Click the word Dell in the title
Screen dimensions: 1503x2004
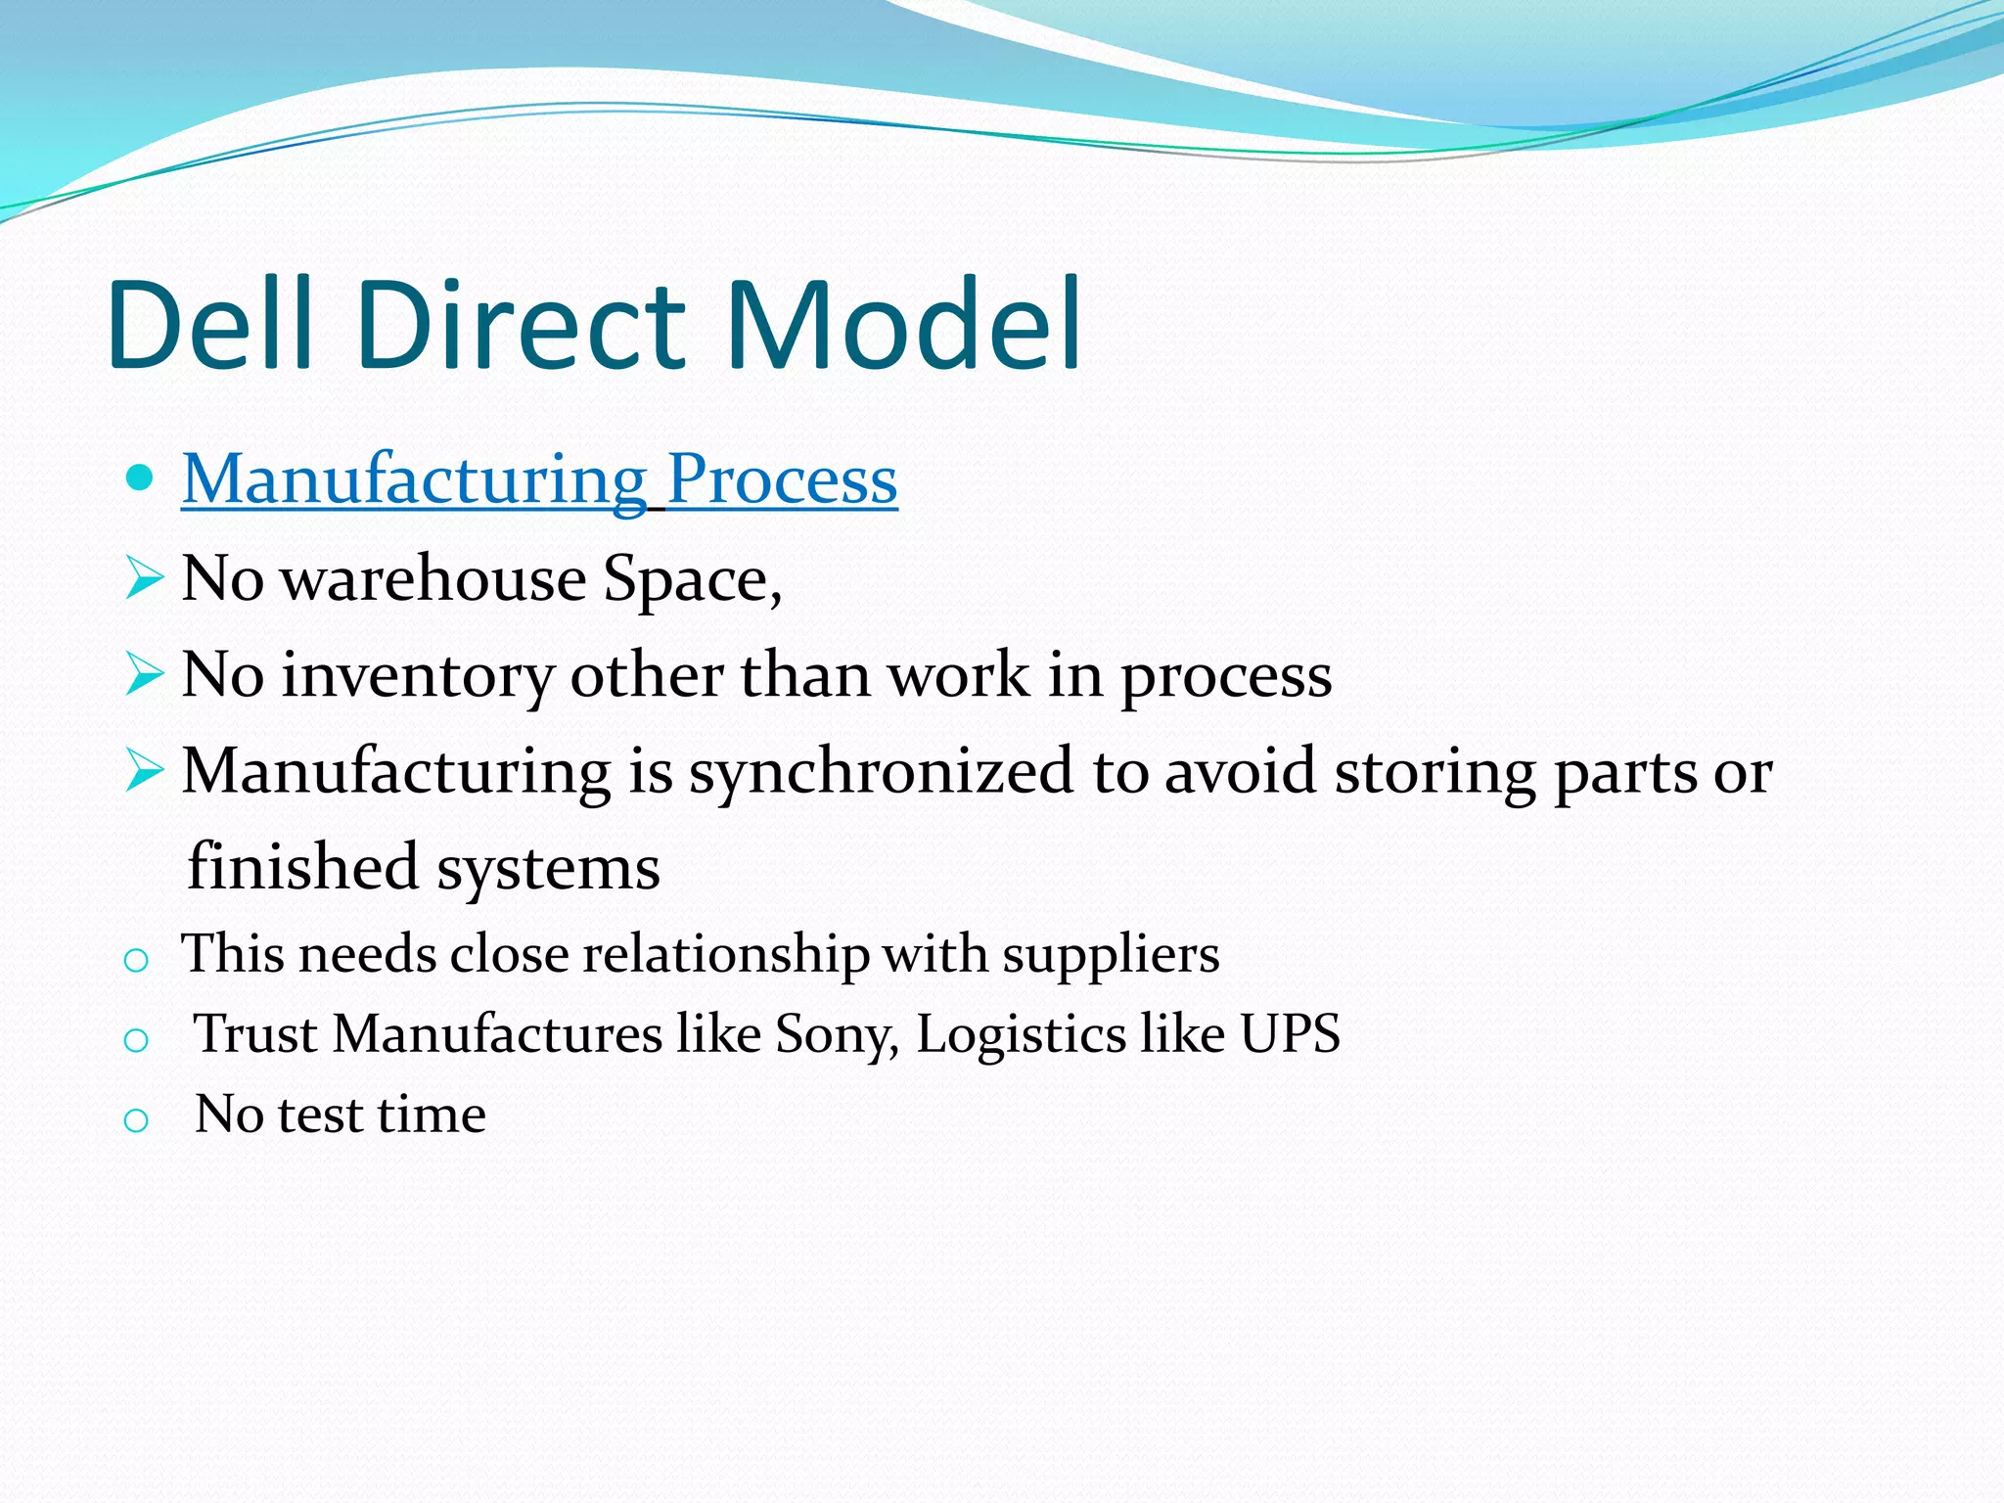pyautogui.click(x=209, y=325)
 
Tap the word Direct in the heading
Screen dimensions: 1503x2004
pyautogui.click(x=522, y=325)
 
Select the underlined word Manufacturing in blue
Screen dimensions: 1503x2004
pyautogui.click(x=414, y=480)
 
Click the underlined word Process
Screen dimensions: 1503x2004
pyautogui.click(x=782, y=480)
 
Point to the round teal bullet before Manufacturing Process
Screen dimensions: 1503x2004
pyautogui.click(x=141, y=478)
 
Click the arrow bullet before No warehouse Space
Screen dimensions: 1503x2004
pyautogui.click(x=144, y=577)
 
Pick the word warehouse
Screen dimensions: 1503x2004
pyautogui.click(x=433, y=579)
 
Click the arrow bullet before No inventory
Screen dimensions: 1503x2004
pyautogui.click(x=144, y=673)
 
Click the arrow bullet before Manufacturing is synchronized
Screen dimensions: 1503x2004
pyautogui.click(x=144, y=770)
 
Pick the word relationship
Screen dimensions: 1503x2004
pyautogui.click(x=725, y=955)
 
